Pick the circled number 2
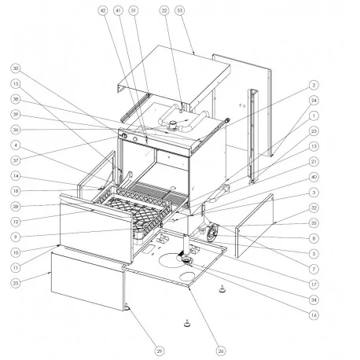(314, 84)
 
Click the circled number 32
(314, 208)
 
